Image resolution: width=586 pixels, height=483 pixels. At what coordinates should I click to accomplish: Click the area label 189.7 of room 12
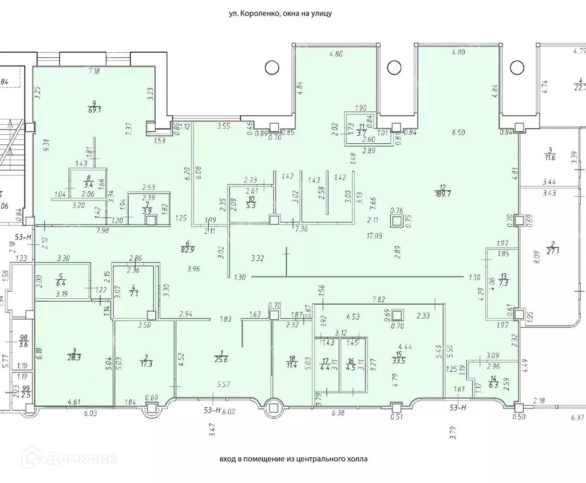pyautogui.click(x=442, y=193)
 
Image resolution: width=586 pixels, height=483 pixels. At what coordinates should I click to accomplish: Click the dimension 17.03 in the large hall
pyautogui.click(x=374, y=235)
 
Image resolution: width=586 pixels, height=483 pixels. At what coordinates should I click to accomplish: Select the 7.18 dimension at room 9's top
pyautogui.click(x=94, y=71)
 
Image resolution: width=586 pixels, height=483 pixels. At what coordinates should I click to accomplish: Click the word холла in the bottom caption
pyautogui.click(x=354, y=459)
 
